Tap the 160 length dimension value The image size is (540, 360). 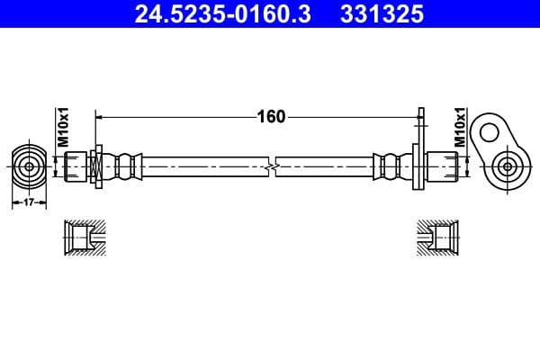271,116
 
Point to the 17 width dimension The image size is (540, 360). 29,203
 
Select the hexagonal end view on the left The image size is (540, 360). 30,166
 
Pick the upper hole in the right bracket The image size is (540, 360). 489,133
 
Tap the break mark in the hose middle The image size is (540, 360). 273,166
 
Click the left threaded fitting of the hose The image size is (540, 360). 76,166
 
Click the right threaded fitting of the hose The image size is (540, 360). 445,166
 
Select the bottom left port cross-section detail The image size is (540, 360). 83,238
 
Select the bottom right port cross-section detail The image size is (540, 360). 440,238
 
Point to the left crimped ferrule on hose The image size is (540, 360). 126,166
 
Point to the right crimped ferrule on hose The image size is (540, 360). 392,166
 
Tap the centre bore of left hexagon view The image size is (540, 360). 30,166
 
